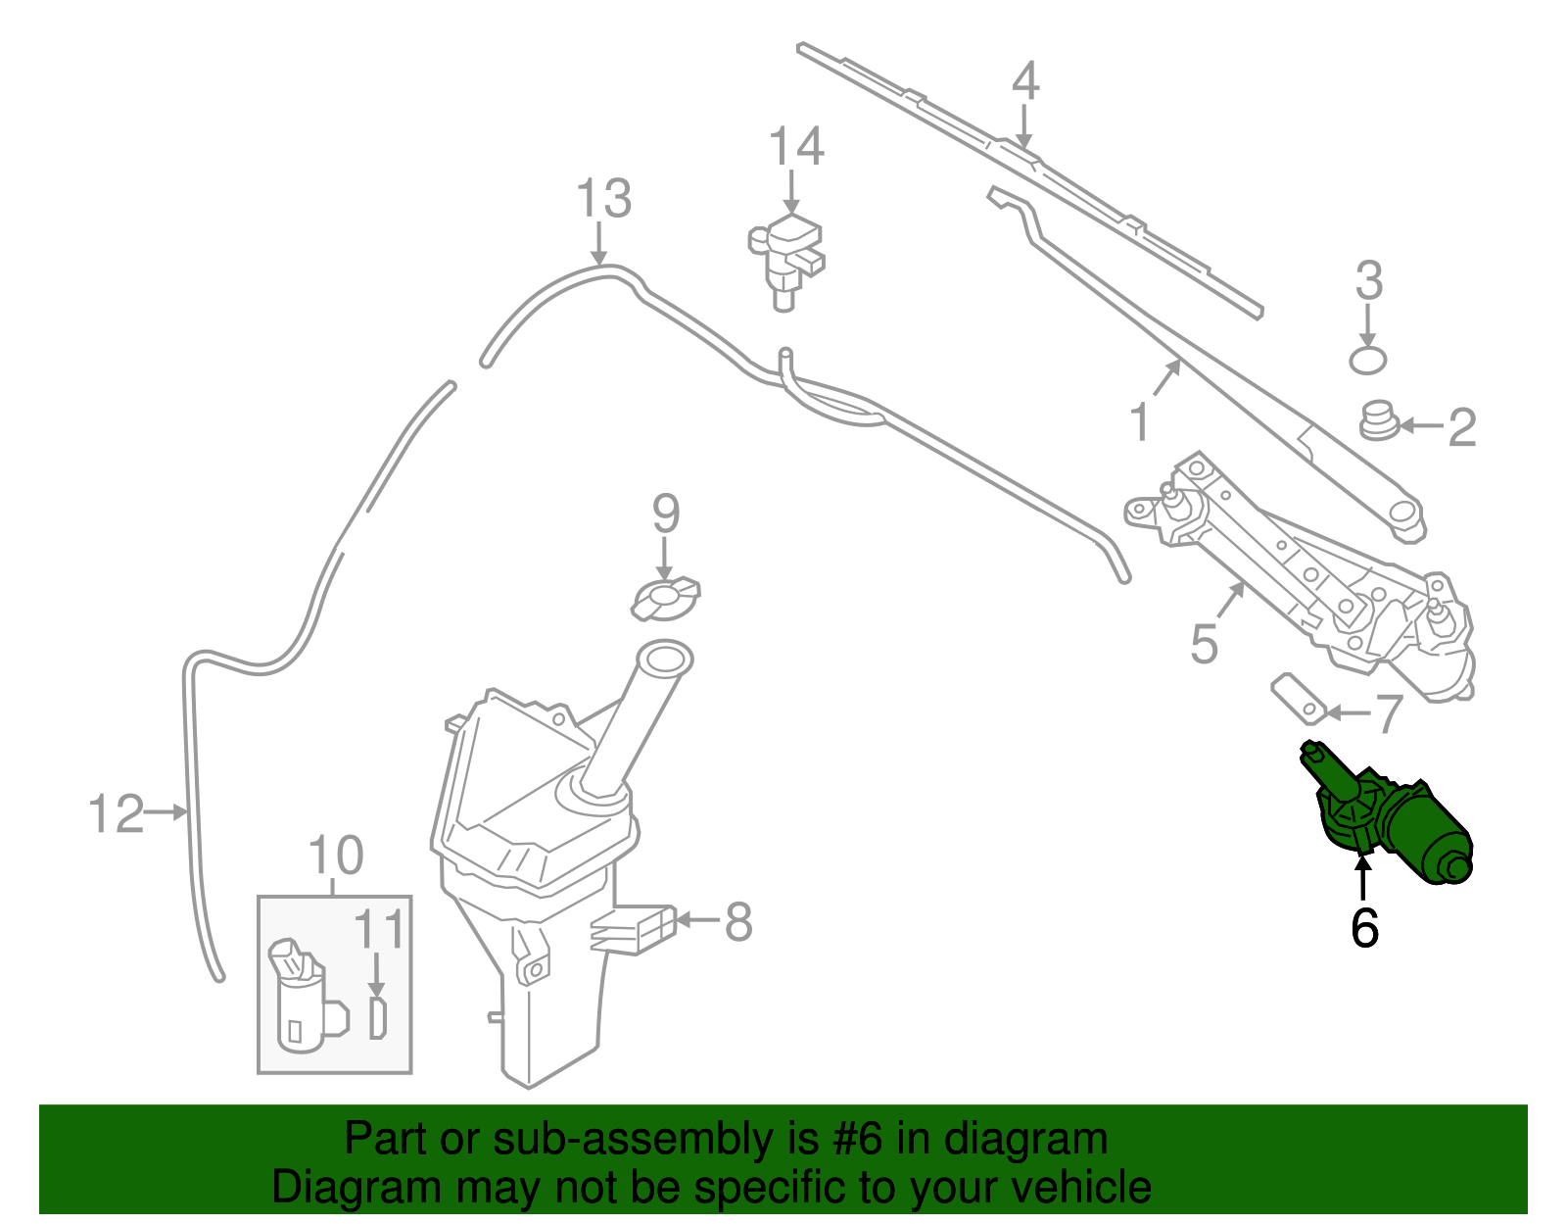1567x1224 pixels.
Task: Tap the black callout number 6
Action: (1364, 927)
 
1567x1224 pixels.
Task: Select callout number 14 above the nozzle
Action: (795, 147)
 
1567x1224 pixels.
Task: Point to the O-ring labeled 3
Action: (1368, 360)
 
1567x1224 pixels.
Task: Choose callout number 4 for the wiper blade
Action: (1024, 81)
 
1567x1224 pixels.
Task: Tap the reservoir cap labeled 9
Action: (666, 599)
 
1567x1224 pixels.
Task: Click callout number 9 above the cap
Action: (666, 514)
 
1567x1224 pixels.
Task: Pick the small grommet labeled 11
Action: (378, 1018)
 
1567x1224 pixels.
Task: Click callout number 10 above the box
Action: (335, 856)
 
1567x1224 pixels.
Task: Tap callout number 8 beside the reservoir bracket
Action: (737, 921)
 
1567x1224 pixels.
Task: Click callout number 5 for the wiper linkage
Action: (1204, 644)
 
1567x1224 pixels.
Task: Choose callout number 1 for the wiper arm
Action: (1139, 422)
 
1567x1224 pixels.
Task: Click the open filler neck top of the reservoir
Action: (664, 657)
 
